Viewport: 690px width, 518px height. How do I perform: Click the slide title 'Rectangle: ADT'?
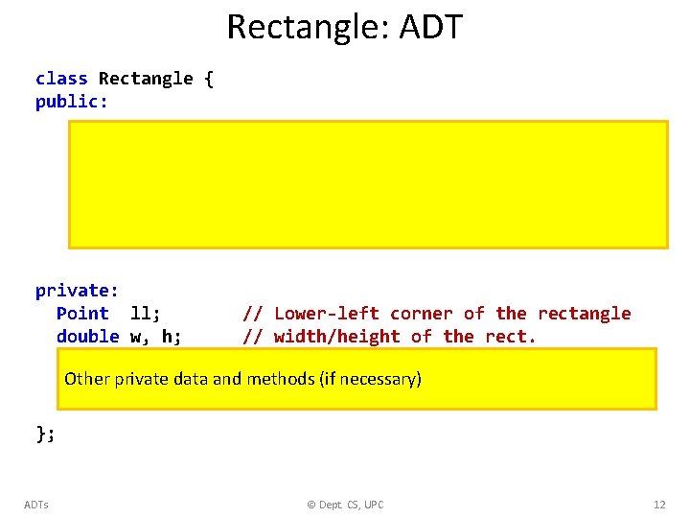coord(344,27)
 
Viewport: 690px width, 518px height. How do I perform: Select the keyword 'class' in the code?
coord(61,79)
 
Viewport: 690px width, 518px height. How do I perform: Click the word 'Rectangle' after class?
coord(146,79)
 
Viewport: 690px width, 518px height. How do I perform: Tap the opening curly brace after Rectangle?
coord(209,79)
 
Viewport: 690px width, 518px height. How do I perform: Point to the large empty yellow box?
coord(368,184)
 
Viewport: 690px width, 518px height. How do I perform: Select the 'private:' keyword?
coord(77,291)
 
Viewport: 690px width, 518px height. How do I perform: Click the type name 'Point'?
coord(82,314)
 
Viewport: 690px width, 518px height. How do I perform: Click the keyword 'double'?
coord(87,337)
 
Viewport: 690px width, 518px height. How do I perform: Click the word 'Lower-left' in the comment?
coord(326,314)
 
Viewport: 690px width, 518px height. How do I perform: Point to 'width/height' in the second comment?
coord(336,337)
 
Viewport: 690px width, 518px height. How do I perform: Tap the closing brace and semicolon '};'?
coord(46,435)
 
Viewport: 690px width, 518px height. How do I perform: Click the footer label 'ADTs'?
coord(36,505)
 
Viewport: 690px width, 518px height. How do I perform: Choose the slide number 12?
coord(658,505)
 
